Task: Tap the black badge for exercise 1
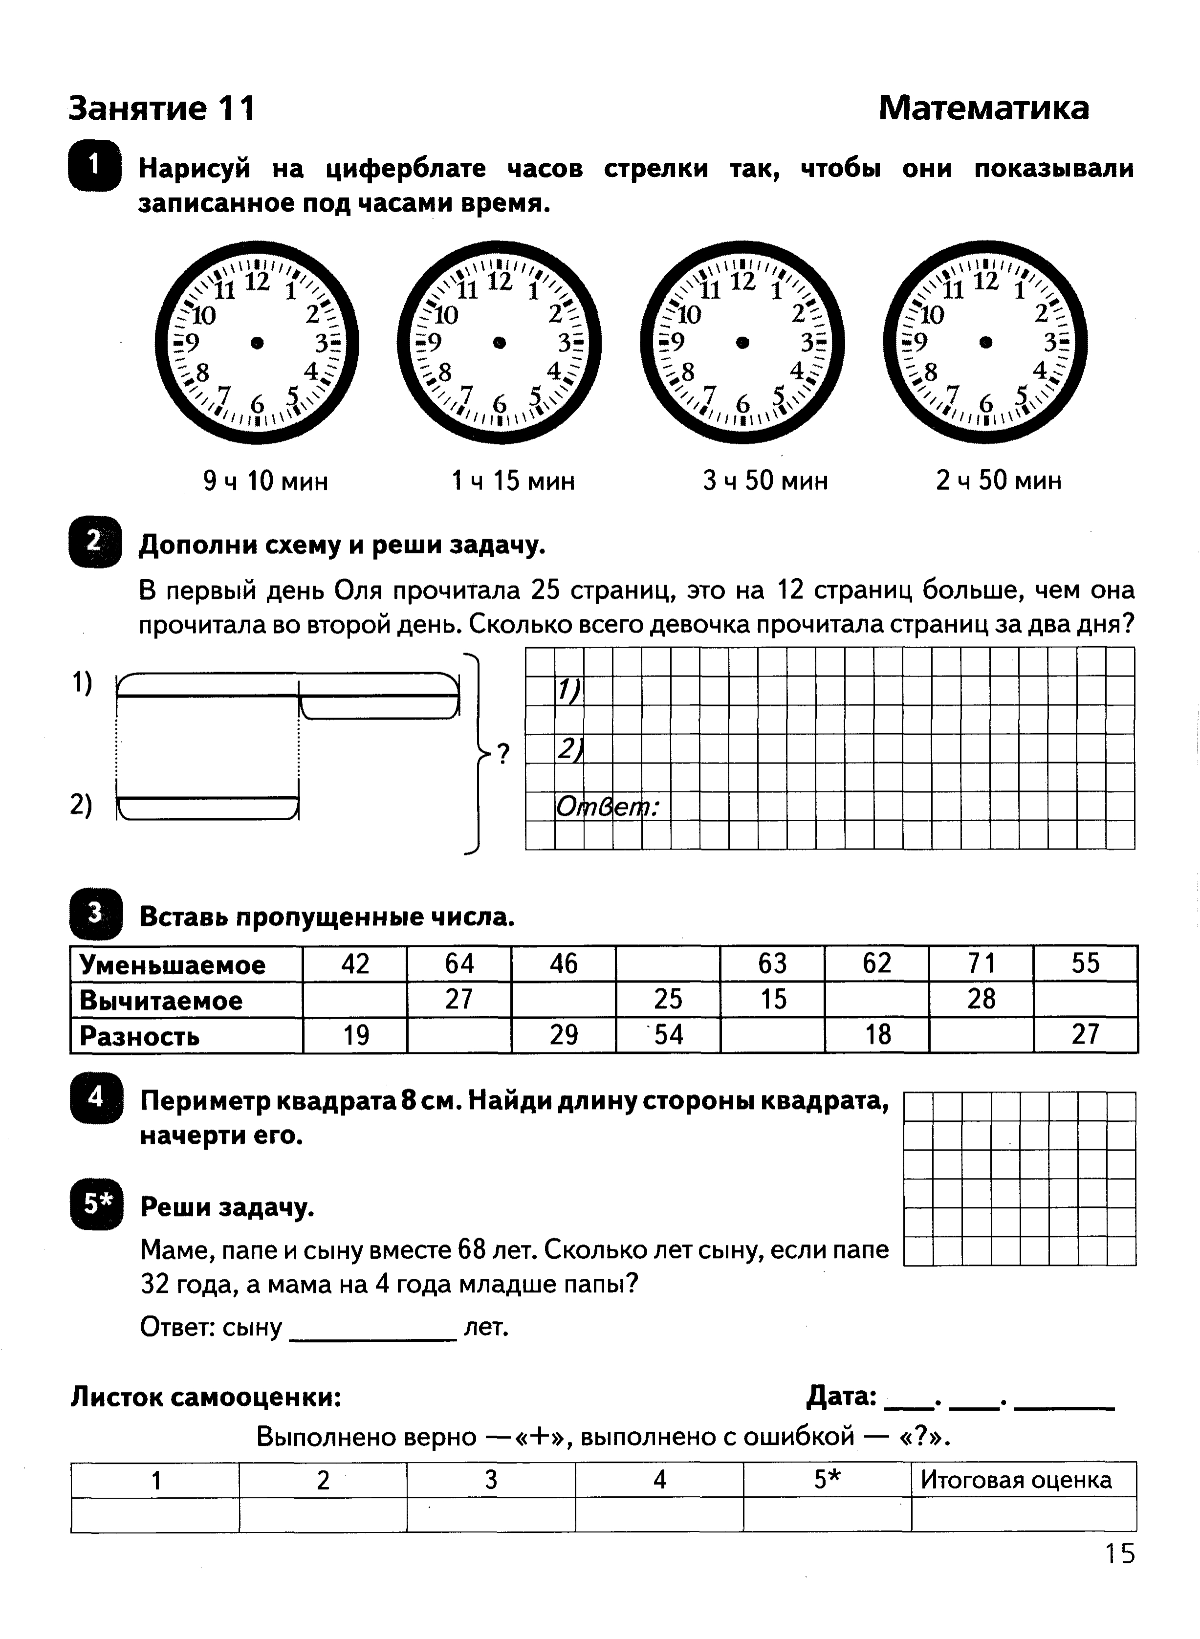94,166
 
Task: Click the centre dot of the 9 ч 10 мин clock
257,342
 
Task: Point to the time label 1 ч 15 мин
513,481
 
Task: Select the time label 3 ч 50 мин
765,481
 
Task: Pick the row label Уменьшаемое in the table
173,965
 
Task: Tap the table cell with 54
668,1034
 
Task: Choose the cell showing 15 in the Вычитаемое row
773,999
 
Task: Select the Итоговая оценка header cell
1016,1480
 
